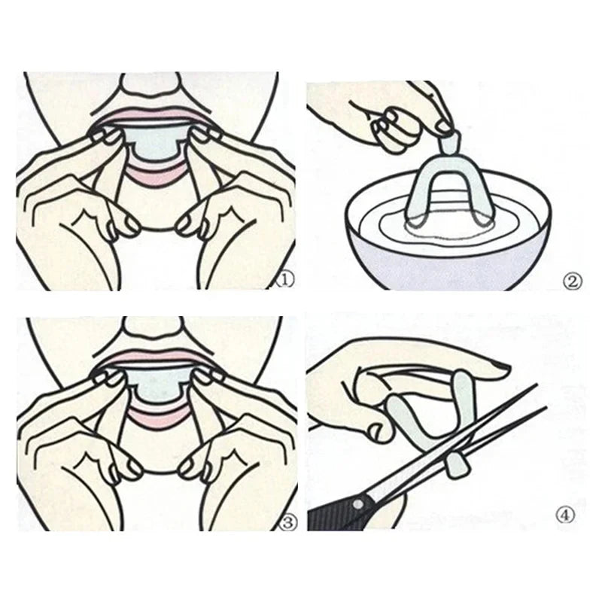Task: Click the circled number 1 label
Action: point(285,280)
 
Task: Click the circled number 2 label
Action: point(573,281)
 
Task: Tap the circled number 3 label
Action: point(289,522)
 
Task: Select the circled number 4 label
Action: point(566,515)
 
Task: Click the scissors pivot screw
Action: point(360,503)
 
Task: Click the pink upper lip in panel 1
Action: point(153,114)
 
